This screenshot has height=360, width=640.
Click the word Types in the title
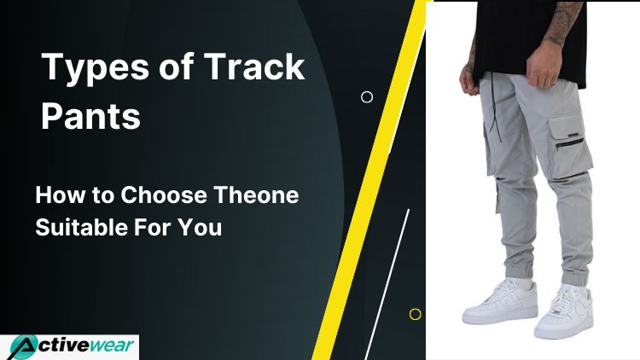tap(96, 68)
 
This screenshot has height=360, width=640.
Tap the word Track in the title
tap(254, 66)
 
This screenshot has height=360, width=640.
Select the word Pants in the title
tap(90, 116)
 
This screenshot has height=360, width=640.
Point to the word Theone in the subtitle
tap(256, 195)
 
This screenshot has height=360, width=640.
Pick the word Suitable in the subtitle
tap(81, 227)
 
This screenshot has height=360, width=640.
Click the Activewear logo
tap(69, 347)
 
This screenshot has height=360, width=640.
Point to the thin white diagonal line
tap(387, 284)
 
